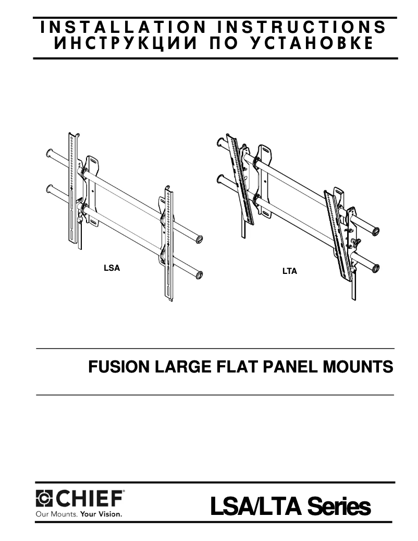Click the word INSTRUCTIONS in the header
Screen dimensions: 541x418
(302, 27)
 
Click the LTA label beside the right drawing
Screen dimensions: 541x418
(289, 272)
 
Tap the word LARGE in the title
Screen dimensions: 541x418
(178, 367)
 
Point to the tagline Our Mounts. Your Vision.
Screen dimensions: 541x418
(78, 514)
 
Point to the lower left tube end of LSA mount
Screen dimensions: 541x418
(49, 188)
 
